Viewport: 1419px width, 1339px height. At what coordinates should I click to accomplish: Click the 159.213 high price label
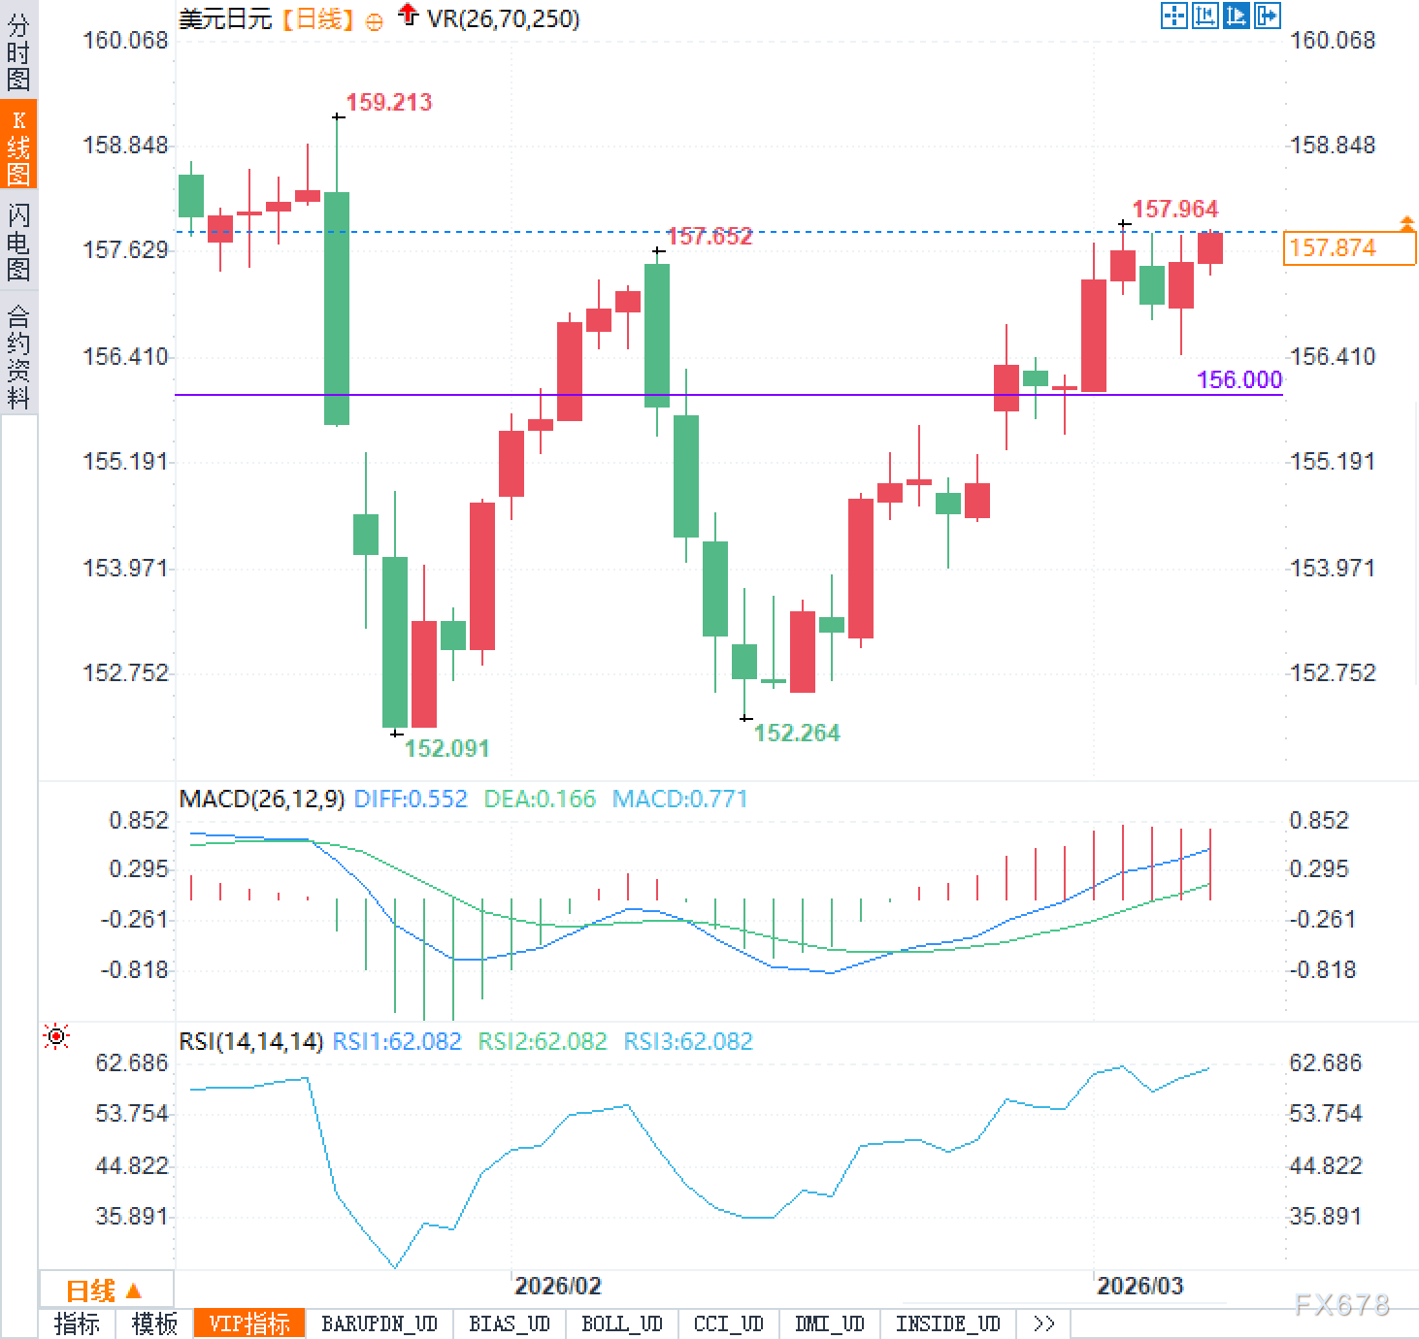(x=388, y=102)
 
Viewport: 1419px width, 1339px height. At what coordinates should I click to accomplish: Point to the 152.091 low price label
(x=446, y=748)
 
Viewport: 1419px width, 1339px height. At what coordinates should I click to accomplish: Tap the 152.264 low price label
(x=796, y=733)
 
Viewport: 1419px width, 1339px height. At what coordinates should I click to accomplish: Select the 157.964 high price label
(x=1174, y=209)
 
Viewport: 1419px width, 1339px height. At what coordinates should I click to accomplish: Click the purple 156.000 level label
(x=1239, y=379)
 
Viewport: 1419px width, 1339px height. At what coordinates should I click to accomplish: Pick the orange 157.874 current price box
(x=1348, y=248)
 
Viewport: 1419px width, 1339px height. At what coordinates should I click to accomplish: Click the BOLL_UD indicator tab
(x=621, y=1323)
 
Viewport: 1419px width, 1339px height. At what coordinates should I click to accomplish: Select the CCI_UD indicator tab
(x=728, y=1323)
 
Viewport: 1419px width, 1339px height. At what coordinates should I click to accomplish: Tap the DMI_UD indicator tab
(x=829, y=1323)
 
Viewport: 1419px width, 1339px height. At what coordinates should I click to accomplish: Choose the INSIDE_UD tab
(x=947, y=1323)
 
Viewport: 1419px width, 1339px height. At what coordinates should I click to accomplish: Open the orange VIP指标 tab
(x=249, y=1323)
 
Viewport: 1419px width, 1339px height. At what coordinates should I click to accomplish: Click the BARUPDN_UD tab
(x=379, y=1323)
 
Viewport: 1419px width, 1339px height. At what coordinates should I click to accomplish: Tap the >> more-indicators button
(x=1044, y=1323)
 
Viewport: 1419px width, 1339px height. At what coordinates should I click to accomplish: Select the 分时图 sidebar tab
(x=18, y=50)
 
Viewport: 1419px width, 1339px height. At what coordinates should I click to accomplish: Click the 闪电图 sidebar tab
(x=18, y=242)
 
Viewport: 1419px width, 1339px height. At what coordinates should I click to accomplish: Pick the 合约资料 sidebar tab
(x=18, y=356)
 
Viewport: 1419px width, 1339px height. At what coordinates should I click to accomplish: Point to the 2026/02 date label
(x=557, y=1286)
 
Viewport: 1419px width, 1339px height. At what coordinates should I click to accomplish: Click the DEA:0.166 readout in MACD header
(x=540, y=799)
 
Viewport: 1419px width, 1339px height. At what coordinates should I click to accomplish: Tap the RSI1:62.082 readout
(x=396, y=1041)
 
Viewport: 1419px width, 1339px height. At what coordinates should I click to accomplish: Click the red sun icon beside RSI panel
(x=57, y=1037)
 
